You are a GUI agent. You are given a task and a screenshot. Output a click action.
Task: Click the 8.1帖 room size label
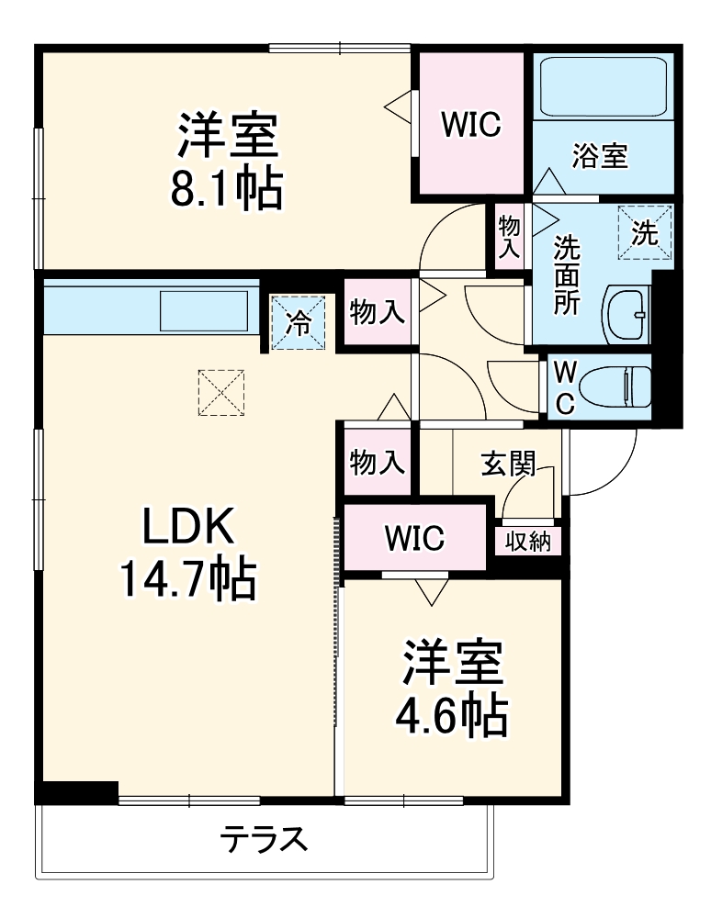point(226,189)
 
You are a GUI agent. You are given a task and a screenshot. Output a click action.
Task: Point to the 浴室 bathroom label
point(600,156)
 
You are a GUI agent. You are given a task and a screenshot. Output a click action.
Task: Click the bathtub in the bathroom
point(604,88)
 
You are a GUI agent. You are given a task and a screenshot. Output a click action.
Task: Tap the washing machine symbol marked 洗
point(646,231)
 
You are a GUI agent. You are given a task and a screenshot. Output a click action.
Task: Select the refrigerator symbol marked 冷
point(299,321)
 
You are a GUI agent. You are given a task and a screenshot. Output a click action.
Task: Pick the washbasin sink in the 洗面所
point(628,315)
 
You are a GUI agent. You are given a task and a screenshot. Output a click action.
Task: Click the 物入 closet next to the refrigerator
point(377,313)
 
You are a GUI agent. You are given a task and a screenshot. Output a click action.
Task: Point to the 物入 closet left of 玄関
point(377,464)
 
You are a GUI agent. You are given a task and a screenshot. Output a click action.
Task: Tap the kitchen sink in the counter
point(205,310)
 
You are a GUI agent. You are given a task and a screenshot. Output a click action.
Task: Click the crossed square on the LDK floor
point(221,392)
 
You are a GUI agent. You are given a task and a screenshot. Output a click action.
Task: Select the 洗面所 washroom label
point(567,274)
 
